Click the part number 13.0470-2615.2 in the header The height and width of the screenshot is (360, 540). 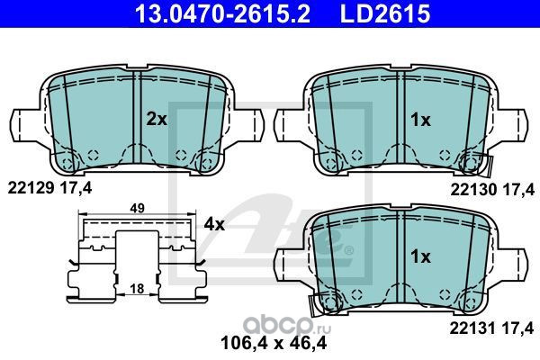(223, 14)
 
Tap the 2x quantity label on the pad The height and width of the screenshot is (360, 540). (157, 119)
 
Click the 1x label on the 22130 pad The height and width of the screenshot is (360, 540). (420, 120)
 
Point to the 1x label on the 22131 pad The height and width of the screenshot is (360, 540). (420, 256)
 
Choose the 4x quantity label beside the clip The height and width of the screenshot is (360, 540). (214, 225)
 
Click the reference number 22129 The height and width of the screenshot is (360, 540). (31, 188)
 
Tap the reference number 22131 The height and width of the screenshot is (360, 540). (472, 328)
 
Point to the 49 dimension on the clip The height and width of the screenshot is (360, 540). (137, 209)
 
